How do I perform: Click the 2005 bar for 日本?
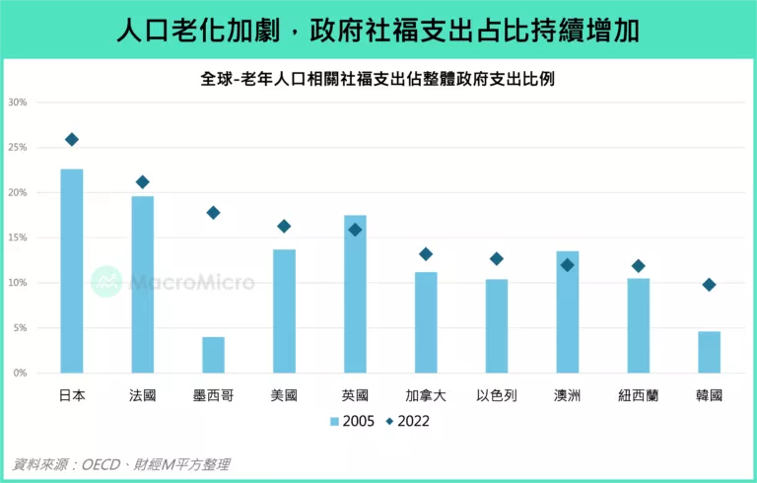click(72, 271)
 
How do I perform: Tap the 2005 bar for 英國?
click(355, 294)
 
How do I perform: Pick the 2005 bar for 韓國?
click(709, 352)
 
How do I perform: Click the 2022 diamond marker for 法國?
click(143, 181)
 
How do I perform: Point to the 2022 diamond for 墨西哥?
click(213, 212)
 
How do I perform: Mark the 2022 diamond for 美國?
click(284, 226)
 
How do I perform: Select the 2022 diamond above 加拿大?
click(426, 253)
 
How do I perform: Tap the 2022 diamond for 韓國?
click(709, 285)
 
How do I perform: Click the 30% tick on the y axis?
click(17, 103)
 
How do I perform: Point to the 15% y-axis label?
click(17, 238)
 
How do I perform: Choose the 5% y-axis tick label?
click(19, 328)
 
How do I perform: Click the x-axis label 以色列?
click(496, 395)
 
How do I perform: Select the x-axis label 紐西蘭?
click(638, 395)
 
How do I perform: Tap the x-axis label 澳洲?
click(567, 395)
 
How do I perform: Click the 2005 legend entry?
click(351, 422)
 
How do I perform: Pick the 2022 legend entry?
click(407, 422)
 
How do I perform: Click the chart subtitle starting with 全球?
click(378, 79)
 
